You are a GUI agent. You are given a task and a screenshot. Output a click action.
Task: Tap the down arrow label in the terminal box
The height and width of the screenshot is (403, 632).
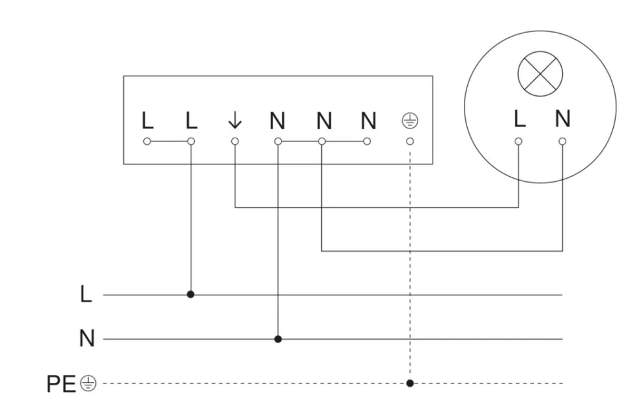point(235,121)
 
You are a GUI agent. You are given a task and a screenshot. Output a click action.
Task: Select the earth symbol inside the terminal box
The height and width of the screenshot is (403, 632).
point(410,121)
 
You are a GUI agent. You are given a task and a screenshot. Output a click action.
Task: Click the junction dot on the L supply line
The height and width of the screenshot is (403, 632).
point(191,295)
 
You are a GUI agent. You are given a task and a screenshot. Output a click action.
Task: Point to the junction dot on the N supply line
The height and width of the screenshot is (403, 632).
point(278,339)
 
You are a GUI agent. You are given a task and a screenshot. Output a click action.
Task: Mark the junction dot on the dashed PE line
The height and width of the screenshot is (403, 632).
point(410,383)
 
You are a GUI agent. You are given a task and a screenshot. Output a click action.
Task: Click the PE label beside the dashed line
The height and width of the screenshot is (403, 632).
point(62,384)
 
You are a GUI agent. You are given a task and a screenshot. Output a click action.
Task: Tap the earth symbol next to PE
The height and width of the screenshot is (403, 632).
point(88,384)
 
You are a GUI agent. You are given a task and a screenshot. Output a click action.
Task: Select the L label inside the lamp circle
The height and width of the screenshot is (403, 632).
point(519,119)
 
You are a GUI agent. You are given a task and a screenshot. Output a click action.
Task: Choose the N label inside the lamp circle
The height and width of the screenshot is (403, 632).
point(563,119)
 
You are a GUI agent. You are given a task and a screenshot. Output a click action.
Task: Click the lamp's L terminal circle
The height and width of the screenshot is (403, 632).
point(519,141)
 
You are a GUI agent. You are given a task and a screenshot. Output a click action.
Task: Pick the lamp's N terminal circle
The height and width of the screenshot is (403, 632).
point(563,141)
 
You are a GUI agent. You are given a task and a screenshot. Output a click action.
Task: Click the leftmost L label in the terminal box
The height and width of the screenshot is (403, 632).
point(147,121)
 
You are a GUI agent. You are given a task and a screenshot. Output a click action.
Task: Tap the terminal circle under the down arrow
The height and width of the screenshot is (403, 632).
point(235,141)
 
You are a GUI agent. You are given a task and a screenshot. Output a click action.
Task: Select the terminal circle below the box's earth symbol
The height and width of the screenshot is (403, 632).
point(410,141)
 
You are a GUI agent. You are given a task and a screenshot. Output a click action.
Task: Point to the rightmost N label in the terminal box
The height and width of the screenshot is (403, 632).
point(369,121)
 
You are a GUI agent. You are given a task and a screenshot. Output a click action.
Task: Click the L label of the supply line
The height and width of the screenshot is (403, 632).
point(86,295)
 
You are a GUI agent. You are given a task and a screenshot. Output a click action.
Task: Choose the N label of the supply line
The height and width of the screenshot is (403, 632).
point(87,339)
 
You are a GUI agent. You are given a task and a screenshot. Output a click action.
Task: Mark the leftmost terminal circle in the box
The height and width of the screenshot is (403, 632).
point(147,141)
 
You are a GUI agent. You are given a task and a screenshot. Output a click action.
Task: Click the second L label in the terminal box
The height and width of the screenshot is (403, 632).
point(191,121)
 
